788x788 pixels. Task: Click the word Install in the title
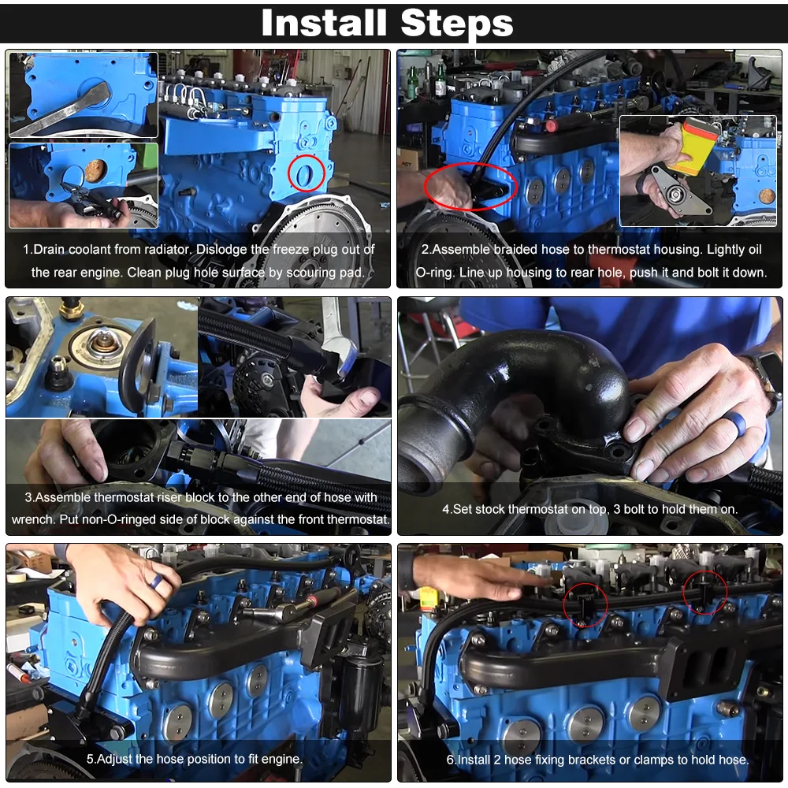click(324, 23)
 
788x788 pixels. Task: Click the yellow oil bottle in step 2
click(693, 145)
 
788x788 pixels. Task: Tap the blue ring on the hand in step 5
click(158, 582)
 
